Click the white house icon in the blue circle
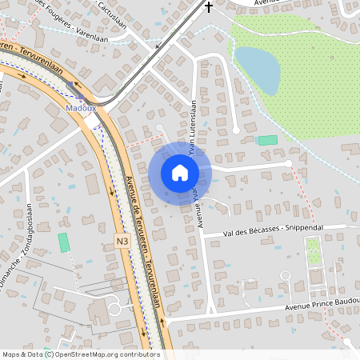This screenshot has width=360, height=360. [180, 173]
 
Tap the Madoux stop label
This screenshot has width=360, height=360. [81, 106]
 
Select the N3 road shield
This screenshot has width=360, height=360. [122, 240]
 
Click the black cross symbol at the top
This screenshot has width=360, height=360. [210, 7]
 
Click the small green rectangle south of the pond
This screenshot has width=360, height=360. [267, 140]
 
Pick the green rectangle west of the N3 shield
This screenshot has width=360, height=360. [64, 243]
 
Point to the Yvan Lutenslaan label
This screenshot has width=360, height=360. [192, 128]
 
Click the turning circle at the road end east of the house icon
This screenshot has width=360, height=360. [288, 164]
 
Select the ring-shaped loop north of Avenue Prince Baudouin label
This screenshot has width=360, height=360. [284, 277]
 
